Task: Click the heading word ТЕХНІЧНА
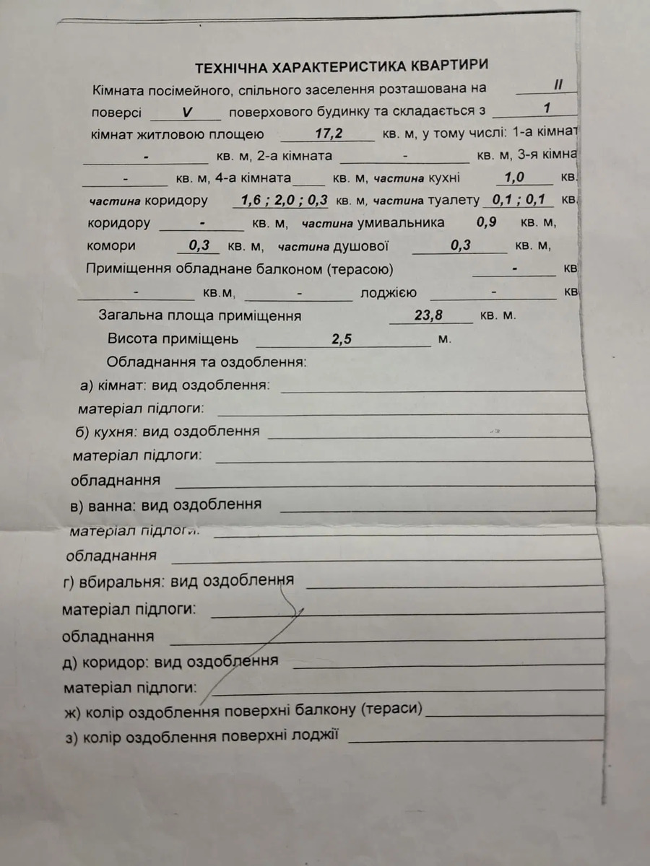(229, 68)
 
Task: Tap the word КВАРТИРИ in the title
(450, 65)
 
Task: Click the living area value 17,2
(328, 133)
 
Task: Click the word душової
(361, 246)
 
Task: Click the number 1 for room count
(548, 108)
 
